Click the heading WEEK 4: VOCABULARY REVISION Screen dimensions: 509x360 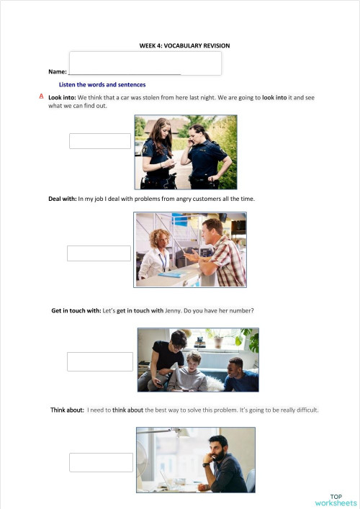184,45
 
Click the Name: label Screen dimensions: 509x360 57,72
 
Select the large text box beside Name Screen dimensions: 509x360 145,63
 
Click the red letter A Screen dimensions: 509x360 42,95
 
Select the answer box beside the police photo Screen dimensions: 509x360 100,141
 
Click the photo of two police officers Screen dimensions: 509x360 186,153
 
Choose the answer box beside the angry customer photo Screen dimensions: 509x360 99,253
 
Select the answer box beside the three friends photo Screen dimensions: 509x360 100,361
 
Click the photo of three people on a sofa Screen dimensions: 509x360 198,360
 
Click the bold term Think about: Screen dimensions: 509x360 68,410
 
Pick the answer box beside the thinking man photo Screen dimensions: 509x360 102,462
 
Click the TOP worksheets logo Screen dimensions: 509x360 336,500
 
